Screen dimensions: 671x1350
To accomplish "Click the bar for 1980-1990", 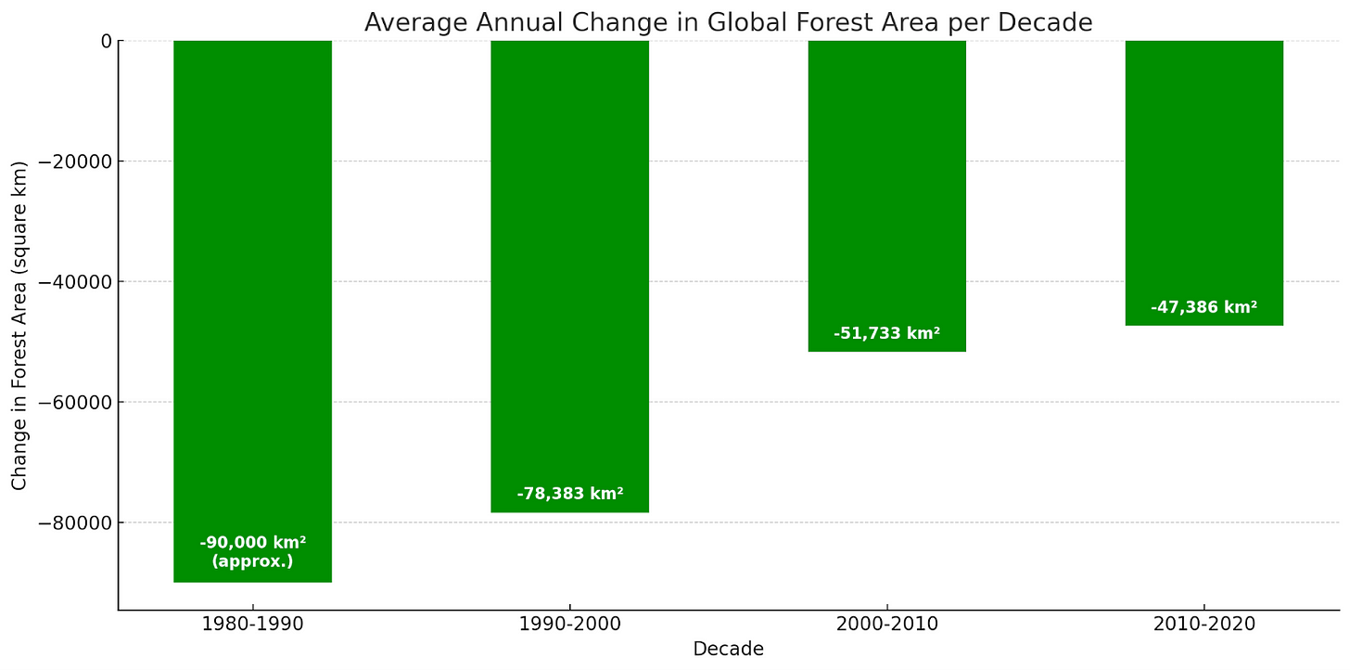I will click(252, 278).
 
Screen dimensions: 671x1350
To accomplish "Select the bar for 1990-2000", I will click(569, 260).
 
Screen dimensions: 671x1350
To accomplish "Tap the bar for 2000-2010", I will click(886, 186).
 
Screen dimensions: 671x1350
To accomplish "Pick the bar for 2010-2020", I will click(1204, 167).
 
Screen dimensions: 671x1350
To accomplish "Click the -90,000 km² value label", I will click(252, 543).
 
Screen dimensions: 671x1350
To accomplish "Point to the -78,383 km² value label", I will click(569, 494).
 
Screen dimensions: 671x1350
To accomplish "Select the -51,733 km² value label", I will click(886, 333).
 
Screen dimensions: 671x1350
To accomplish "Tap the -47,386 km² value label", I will click(1204, 307).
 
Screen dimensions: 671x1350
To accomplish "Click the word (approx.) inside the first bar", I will click(252, 561).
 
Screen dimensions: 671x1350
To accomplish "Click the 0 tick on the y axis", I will click(106, 41).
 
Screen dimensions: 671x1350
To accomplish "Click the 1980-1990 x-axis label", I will click(252, 624).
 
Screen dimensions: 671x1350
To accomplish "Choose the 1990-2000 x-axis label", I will click(569, 624).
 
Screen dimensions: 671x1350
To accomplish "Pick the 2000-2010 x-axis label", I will click(886, 624).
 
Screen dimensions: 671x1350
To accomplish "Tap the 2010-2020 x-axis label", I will click(1204, 624).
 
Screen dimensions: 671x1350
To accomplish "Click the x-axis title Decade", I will click(728, 650).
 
